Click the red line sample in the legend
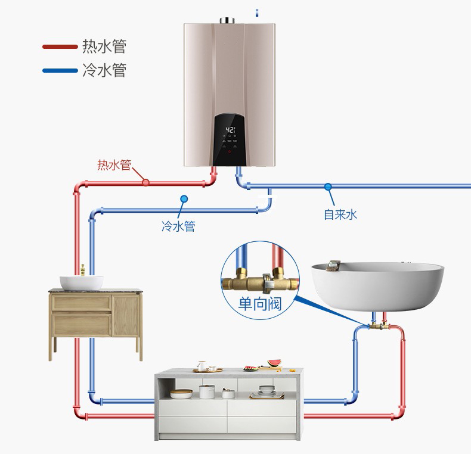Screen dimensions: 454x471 [60, 46]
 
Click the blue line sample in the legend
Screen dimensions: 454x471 [60, 70]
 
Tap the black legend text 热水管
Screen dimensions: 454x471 [104, 46]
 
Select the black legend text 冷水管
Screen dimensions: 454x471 [104, 70]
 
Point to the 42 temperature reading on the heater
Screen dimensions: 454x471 [230, 129]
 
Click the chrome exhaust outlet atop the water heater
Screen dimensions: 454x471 [229, 21]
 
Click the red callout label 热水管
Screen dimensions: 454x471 [114, 165]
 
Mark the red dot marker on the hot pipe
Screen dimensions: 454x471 [145, 183]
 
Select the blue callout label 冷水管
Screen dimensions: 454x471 [178, 226]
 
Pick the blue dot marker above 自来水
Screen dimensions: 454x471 [327, 186]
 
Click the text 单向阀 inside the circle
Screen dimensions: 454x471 [259, 304]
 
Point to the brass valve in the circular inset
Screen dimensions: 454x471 [259, 276]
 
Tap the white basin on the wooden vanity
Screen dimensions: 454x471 [81, 282]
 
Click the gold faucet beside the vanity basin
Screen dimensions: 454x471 [83, 269]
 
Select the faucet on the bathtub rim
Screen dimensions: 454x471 [333, 265]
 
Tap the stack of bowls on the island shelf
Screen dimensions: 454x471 [267, 391]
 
